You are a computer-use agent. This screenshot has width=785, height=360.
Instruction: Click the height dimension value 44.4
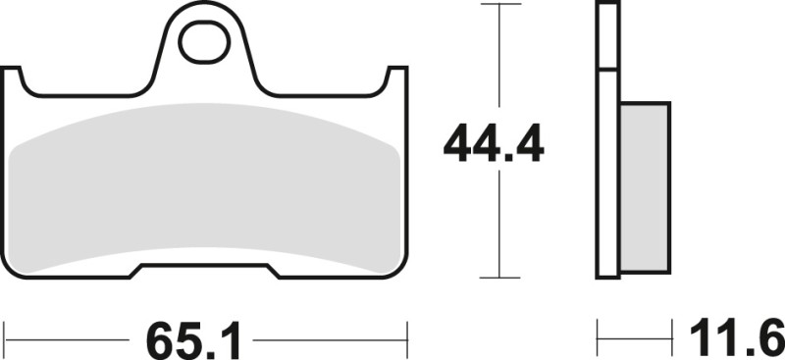[494, 145]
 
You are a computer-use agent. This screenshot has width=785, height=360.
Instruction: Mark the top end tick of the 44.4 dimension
[500, 5]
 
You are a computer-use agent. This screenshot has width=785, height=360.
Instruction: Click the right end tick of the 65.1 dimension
[406, 339]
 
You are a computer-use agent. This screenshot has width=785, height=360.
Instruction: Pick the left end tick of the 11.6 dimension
[599, 339]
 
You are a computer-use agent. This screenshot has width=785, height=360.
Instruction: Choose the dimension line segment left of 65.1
[69, 339]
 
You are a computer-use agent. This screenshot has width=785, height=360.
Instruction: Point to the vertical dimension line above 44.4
[500, 59]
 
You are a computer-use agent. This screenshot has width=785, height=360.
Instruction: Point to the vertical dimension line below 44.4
[500, 226]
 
